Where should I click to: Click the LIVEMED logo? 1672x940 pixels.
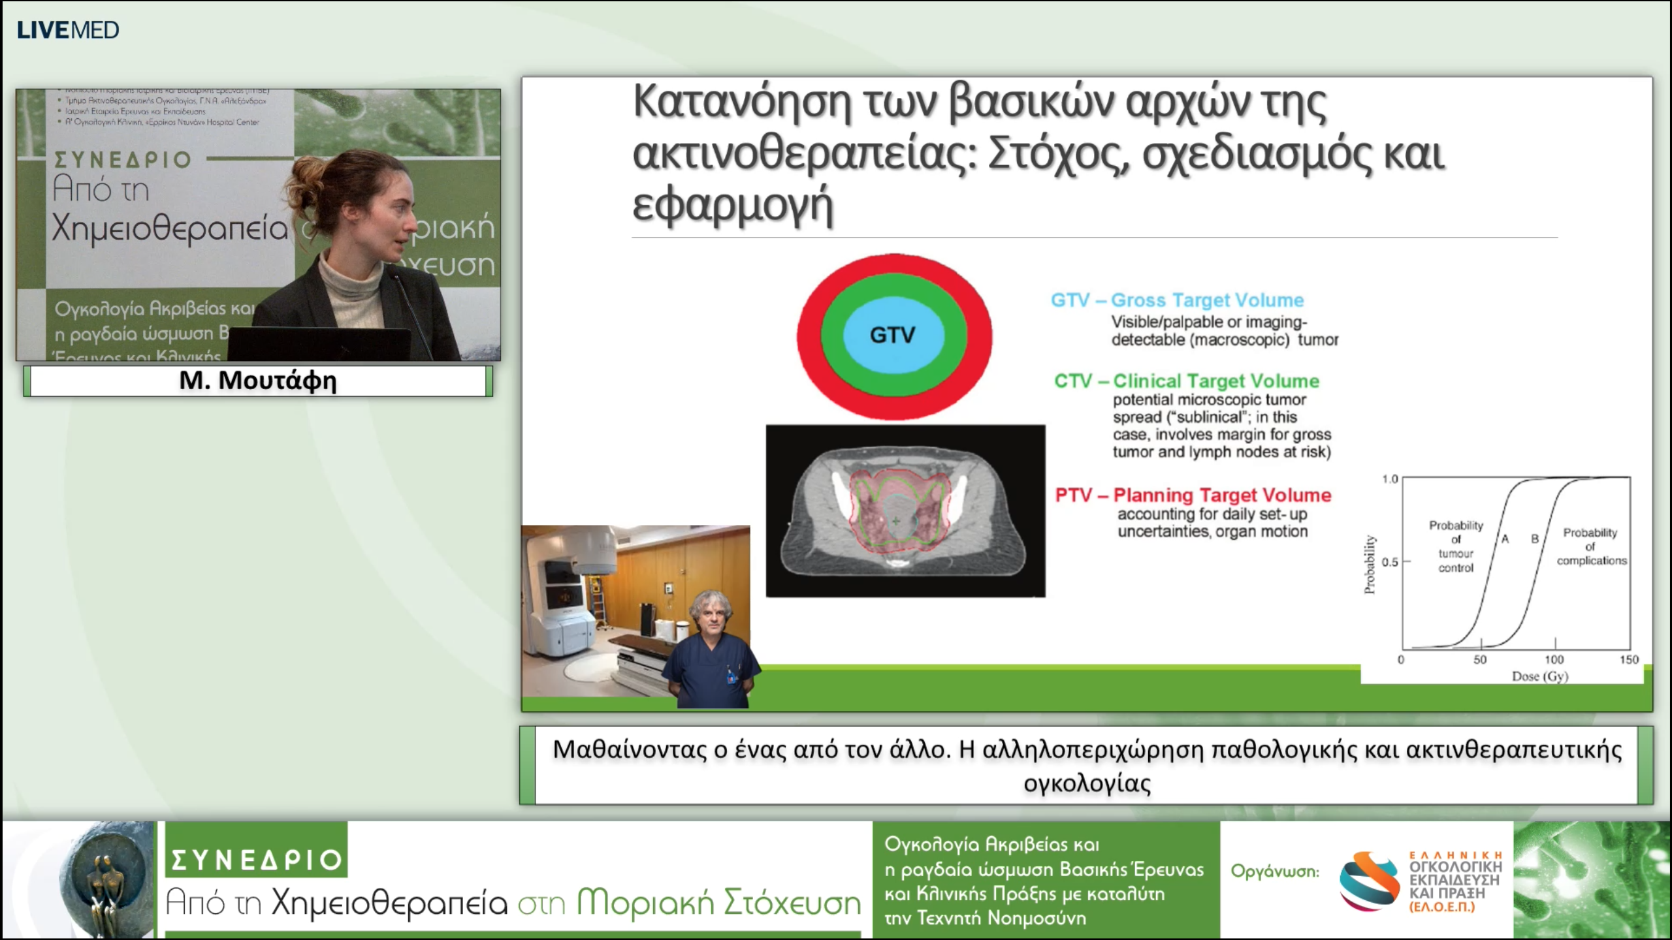[67, 30]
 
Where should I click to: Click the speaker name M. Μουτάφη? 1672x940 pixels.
[258, 381]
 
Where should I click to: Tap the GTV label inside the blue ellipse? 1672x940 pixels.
[892, 335]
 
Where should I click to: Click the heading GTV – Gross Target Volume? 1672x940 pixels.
[1177, 300]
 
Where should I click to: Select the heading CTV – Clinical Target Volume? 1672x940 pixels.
[1186, 381]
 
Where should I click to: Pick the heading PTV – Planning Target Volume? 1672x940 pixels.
[1193, 495]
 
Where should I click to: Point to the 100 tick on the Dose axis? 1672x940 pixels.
[1554, 659]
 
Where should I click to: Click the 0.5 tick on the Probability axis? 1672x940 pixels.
[1390, 562]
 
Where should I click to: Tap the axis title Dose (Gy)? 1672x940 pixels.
[1539, 676]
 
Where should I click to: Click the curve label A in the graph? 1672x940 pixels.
[1505, 539]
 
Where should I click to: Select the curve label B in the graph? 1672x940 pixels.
[1535, 539]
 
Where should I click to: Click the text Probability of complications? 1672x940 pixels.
[1590, 546]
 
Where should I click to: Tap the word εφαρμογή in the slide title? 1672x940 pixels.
[732, 204]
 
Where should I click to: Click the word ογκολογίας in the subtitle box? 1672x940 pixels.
[1087, 783]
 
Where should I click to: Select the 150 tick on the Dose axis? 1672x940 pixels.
[1628, 659]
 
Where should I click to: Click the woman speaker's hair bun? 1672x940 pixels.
[307, 176]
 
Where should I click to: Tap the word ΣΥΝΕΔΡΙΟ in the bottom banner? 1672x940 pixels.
[256, 860]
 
